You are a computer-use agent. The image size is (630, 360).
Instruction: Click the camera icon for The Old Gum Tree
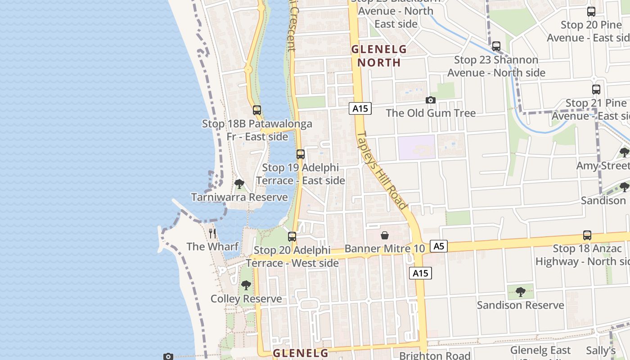[431, 100]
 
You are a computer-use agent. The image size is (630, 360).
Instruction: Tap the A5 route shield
[439, 246]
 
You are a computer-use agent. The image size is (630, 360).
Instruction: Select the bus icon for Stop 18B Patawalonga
[256, 110]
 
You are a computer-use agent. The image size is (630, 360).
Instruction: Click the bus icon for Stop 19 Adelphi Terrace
[301, 154]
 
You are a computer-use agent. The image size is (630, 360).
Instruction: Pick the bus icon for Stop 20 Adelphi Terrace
[292, 237]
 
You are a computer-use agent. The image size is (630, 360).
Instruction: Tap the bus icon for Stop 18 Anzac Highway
[587, 235]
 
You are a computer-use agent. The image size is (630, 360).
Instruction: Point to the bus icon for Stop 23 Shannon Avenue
[496, 46]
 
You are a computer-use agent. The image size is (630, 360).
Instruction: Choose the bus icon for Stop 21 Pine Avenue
[596, 90]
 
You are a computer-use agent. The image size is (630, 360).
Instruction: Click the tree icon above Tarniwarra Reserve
[239, 184]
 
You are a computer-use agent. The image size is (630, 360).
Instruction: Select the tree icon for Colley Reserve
[246, 285]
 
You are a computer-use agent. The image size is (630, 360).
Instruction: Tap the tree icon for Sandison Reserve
[521, 292]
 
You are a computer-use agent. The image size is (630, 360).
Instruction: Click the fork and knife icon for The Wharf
[212, 233]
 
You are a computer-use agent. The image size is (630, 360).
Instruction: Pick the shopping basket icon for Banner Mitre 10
[385, 235]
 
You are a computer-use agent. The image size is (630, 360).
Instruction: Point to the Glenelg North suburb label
[378, 56]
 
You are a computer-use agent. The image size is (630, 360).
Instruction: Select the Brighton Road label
[435, 355]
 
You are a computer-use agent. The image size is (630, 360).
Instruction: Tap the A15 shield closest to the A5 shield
[420, 273]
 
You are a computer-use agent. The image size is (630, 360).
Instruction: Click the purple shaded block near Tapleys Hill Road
[416, 147]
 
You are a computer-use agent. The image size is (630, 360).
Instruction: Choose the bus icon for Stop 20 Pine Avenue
[591, 12]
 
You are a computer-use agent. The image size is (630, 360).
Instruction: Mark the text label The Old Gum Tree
[431, 113]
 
